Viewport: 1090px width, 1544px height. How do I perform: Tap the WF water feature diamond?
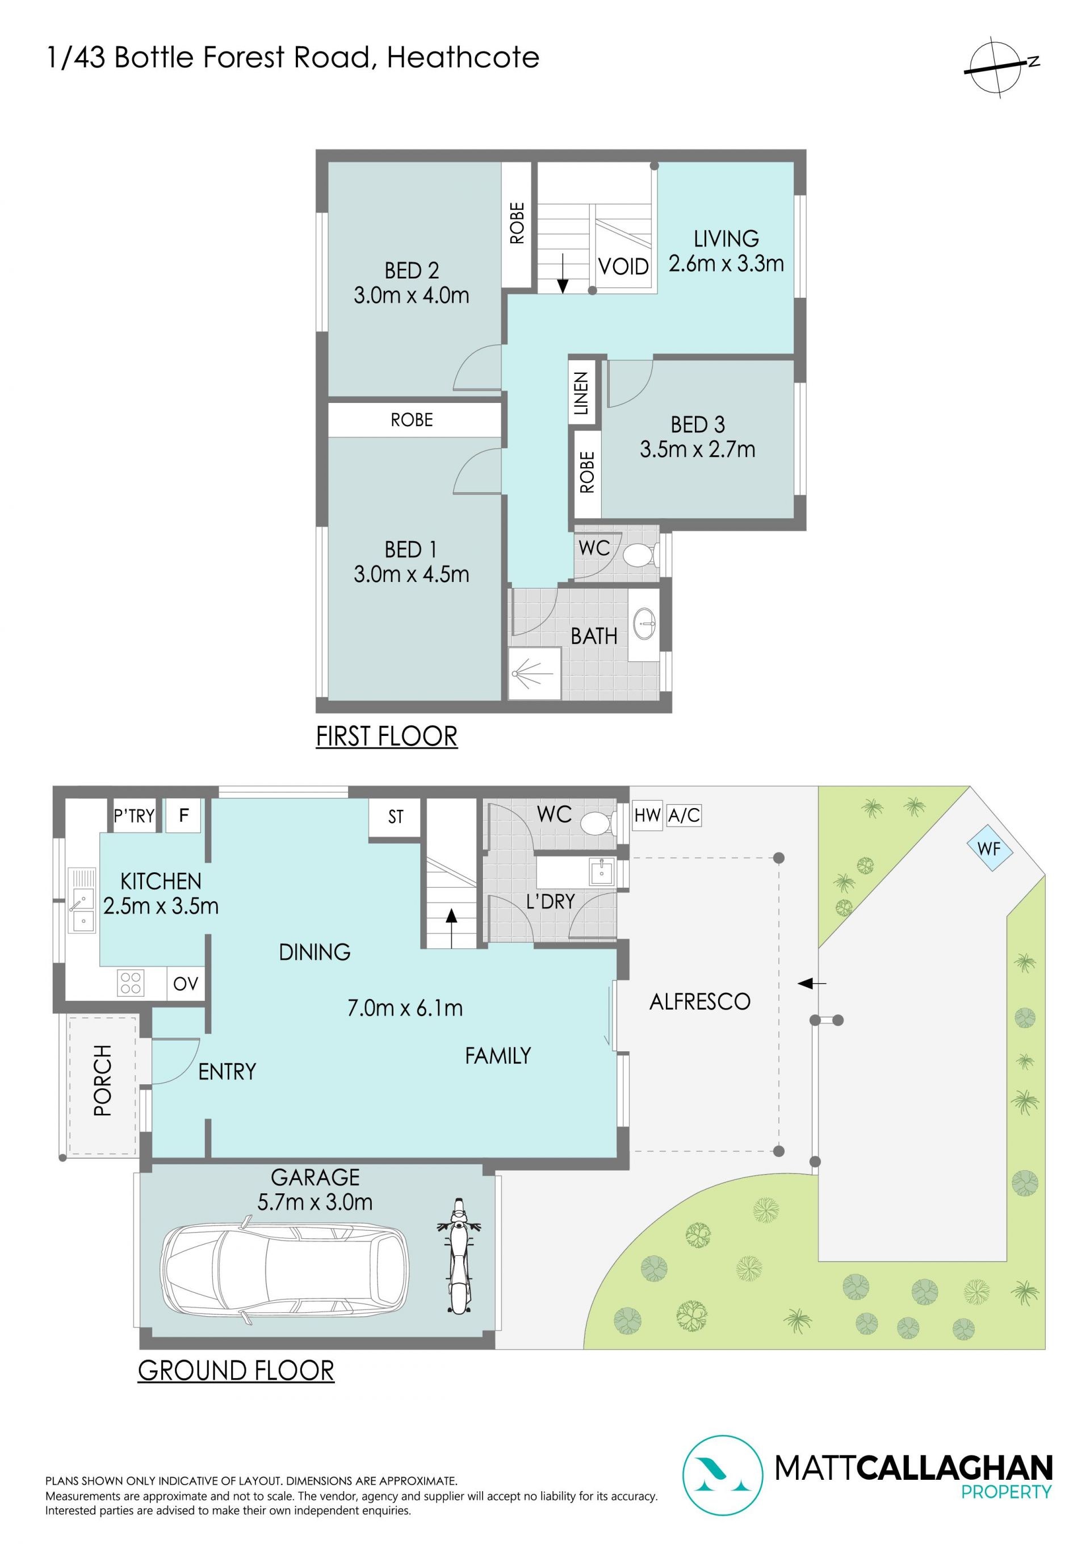[x=988, y=848]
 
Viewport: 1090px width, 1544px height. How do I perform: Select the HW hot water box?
[x=647, y=815]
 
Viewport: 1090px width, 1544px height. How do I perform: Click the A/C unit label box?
[x=684, y=815]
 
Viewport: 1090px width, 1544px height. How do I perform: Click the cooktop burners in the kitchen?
[x=131, y=983]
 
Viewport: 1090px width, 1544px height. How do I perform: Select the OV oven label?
[x=186, y=983]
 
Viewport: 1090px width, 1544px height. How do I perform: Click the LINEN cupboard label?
[x=581, y=393]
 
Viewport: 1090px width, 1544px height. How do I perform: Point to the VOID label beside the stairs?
[x=623, y=267]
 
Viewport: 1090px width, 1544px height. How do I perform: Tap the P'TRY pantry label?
[x=134, y=815]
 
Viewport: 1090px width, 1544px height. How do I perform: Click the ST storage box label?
[x=395, y=817]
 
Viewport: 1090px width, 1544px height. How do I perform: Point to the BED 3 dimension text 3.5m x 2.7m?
[x=698, y=449]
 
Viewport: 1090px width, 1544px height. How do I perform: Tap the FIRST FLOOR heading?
[x=387, y=736]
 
